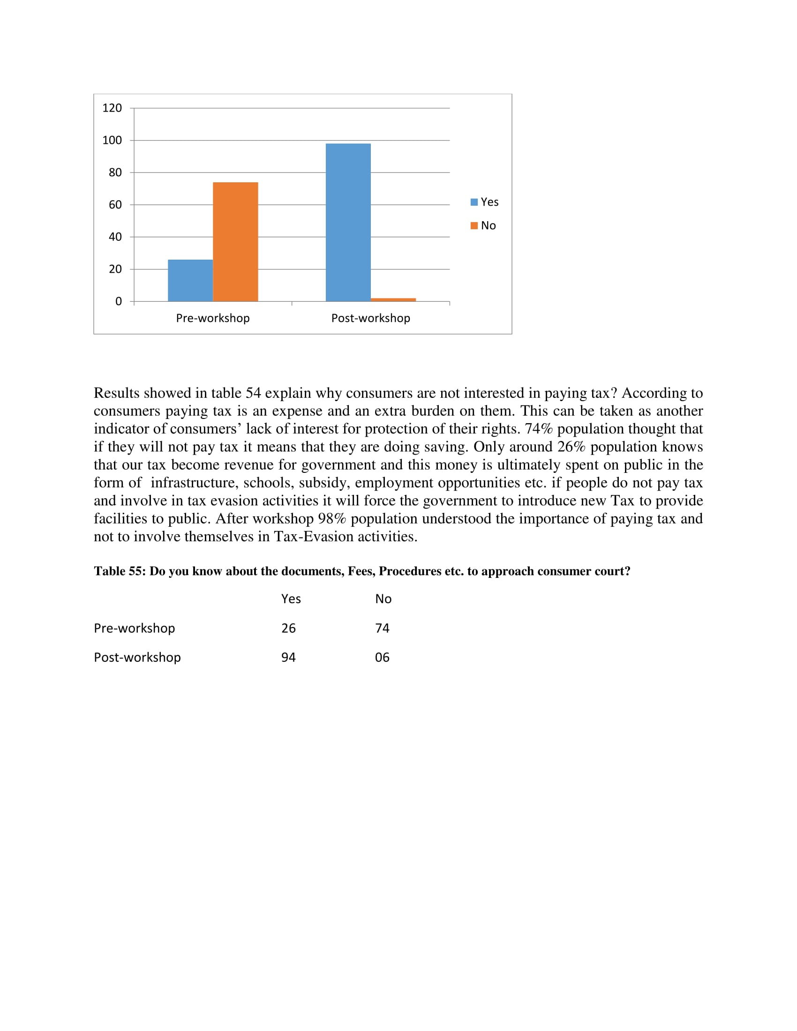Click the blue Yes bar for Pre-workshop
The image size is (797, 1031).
coord(190,280)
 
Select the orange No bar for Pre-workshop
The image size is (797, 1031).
coord(235,242)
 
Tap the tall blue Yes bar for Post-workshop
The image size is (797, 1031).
coord(348,222)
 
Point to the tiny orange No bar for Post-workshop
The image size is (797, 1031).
coord(393,300)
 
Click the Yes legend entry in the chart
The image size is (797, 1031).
coord(484,202)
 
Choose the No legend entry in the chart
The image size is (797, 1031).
coord(483,226)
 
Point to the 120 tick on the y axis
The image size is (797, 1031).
coord(112,108)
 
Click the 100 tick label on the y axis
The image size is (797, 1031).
coord(112,140)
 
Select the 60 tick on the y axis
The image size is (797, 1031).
coord(115,205)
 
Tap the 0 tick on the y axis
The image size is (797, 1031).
coord(118,301)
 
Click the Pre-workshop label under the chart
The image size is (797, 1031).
coord(212,318)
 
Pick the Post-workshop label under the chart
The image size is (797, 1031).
coord(371,318)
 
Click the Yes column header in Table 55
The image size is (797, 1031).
coord(291,599)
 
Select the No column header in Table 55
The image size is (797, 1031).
coord(383,599)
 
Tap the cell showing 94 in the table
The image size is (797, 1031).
coord(288,657)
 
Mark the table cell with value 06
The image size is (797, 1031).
coord(382,657)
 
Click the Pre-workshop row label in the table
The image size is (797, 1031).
coord(134,628)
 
